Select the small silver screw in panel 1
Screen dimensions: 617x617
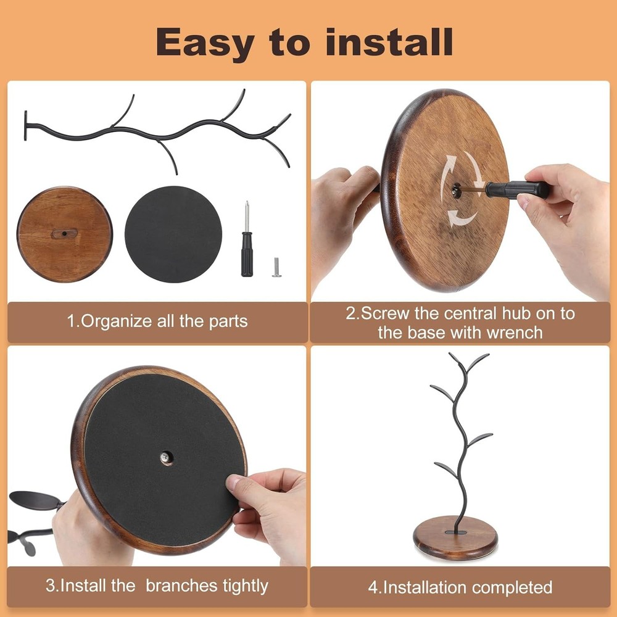coord(276,267)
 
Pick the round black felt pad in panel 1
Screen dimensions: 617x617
coord(173,234)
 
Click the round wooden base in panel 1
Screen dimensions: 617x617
coord(65,234)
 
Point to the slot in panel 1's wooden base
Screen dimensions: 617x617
coord(65,233)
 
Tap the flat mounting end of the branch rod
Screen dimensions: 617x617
coord(26,125)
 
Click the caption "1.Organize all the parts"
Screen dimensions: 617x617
coord(157,321)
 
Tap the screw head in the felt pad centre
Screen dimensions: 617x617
coord(165,457)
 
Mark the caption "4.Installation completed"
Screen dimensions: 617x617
coord(460,587)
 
